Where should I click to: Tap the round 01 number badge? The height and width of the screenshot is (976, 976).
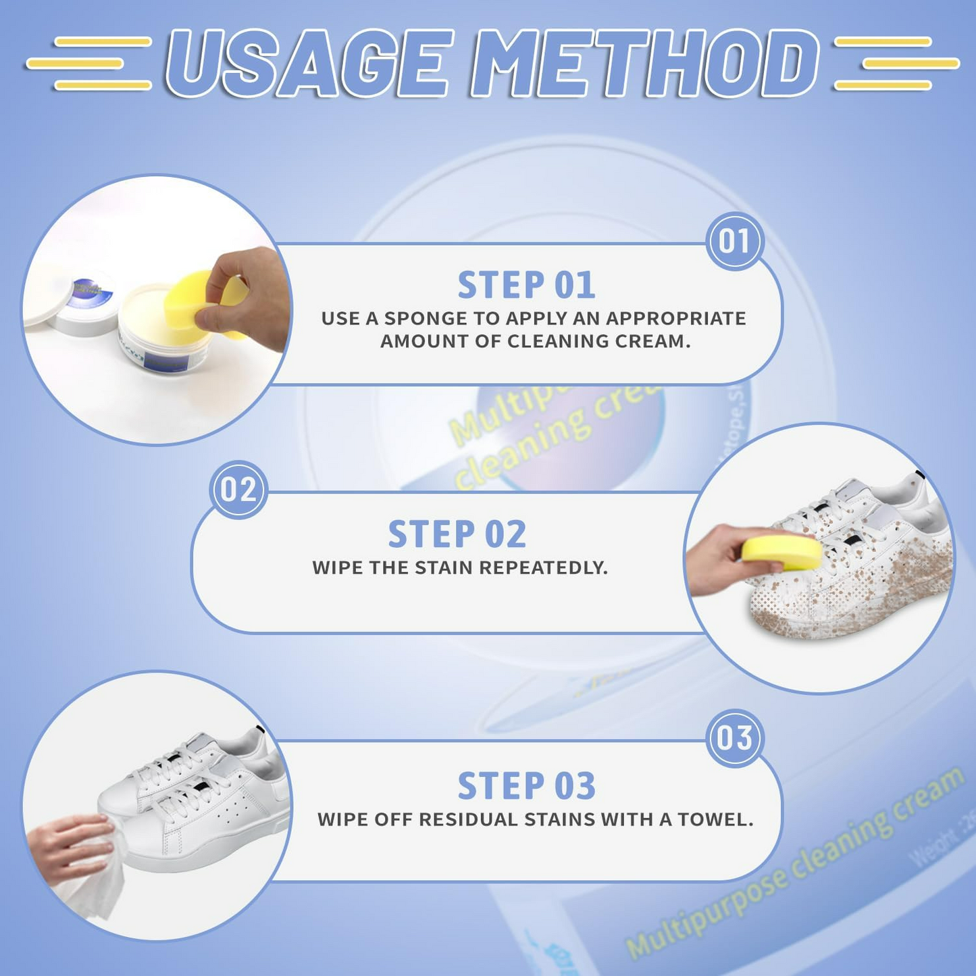point(734,241)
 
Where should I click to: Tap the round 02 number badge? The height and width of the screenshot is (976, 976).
point(238,490)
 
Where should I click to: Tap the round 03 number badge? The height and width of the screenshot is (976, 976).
point(734,738)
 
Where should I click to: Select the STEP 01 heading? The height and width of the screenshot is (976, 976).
point(526,285)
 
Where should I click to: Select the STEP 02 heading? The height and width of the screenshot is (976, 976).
point(457,534)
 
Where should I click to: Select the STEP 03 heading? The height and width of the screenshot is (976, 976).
point(526,786)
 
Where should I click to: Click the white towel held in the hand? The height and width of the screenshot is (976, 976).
point(95,878)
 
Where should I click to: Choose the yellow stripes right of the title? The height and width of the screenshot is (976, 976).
point(895,63)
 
